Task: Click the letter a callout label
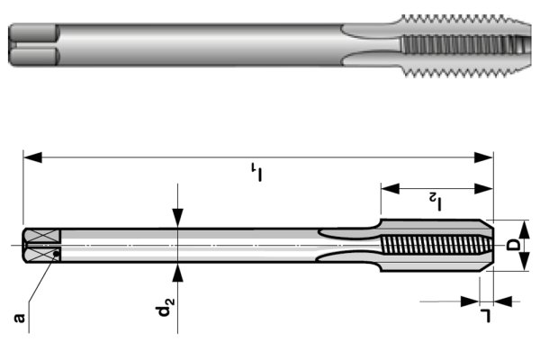pyautogui.click(x=20, y=317)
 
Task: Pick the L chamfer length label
pyautogui.click(x=487, y=315)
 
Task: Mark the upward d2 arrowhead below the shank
pyautogui.click(x=178, y=273)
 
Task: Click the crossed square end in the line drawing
pyautogui.click(x=42, y=244)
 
